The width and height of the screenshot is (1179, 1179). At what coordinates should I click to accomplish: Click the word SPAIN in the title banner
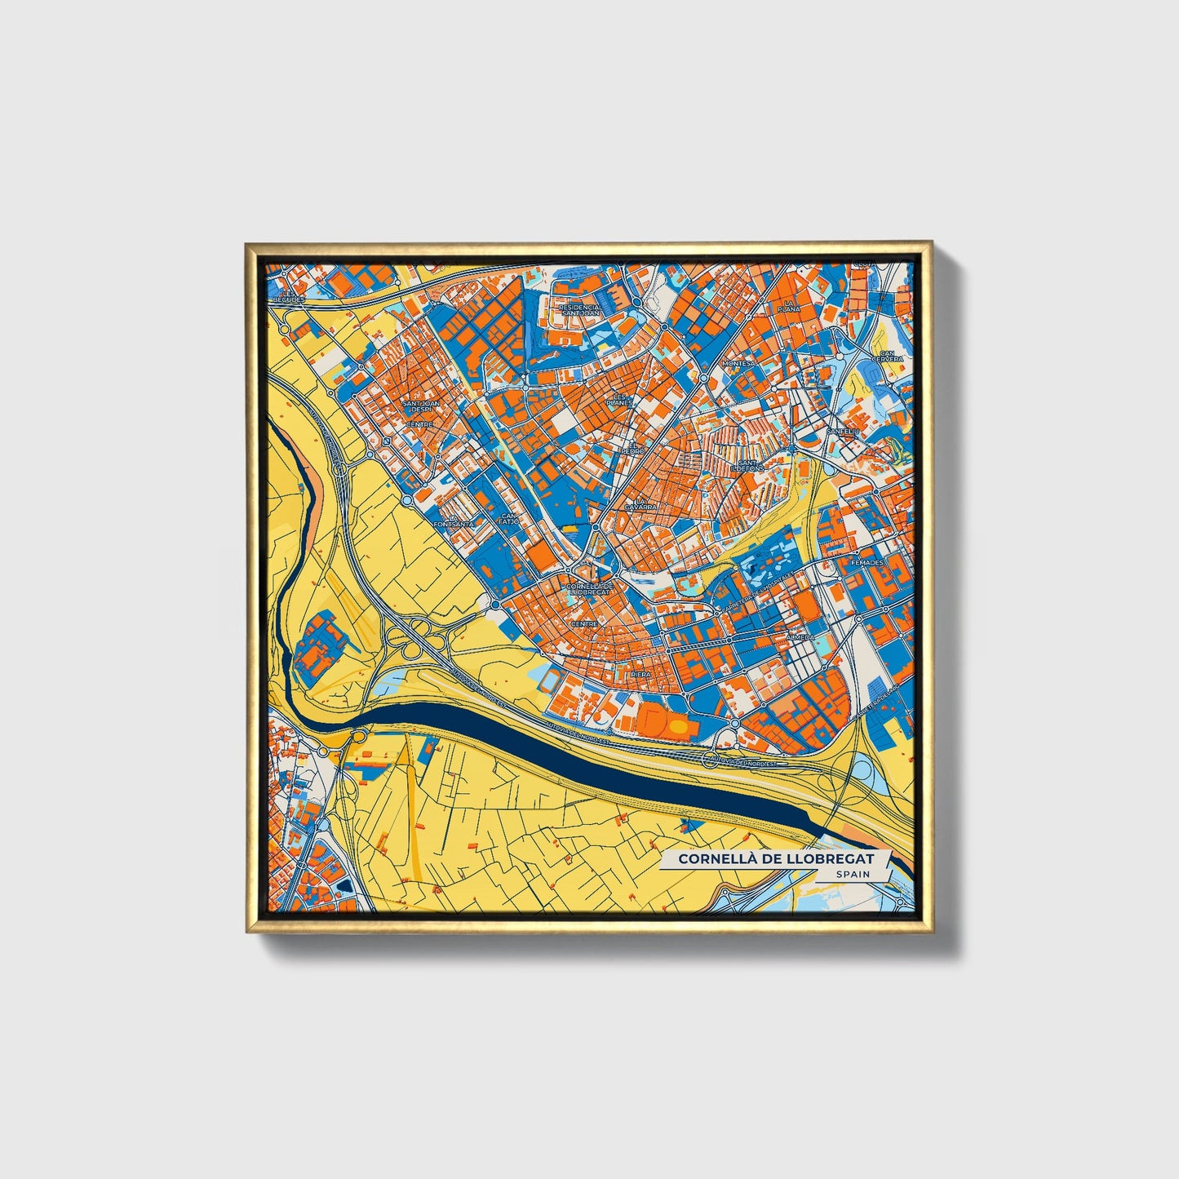tap(852, 874)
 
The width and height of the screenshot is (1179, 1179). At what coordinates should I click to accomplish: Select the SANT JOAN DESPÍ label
tap(421, 406)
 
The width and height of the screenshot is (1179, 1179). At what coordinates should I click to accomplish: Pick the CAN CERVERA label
tap(887, 356)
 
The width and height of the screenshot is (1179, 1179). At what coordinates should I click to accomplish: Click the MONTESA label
tap(739, 363)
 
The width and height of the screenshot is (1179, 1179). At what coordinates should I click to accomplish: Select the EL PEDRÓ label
tap(632, 448)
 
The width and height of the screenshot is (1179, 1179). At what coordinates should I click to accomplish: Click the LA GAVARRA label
tap(640, 504)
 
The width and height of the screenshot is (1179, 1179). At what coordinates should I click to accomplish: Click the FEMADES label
tap(867, 563)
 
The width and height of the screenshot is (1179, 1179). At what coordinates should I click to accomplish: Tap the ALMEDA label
tap(800, 636)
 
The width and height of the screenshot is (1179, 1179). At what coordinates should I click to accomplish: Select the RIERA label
tap(641, 675)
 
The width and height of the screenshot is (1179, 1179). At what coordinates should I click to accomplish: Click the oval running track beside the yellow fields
tap(552, 679)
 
